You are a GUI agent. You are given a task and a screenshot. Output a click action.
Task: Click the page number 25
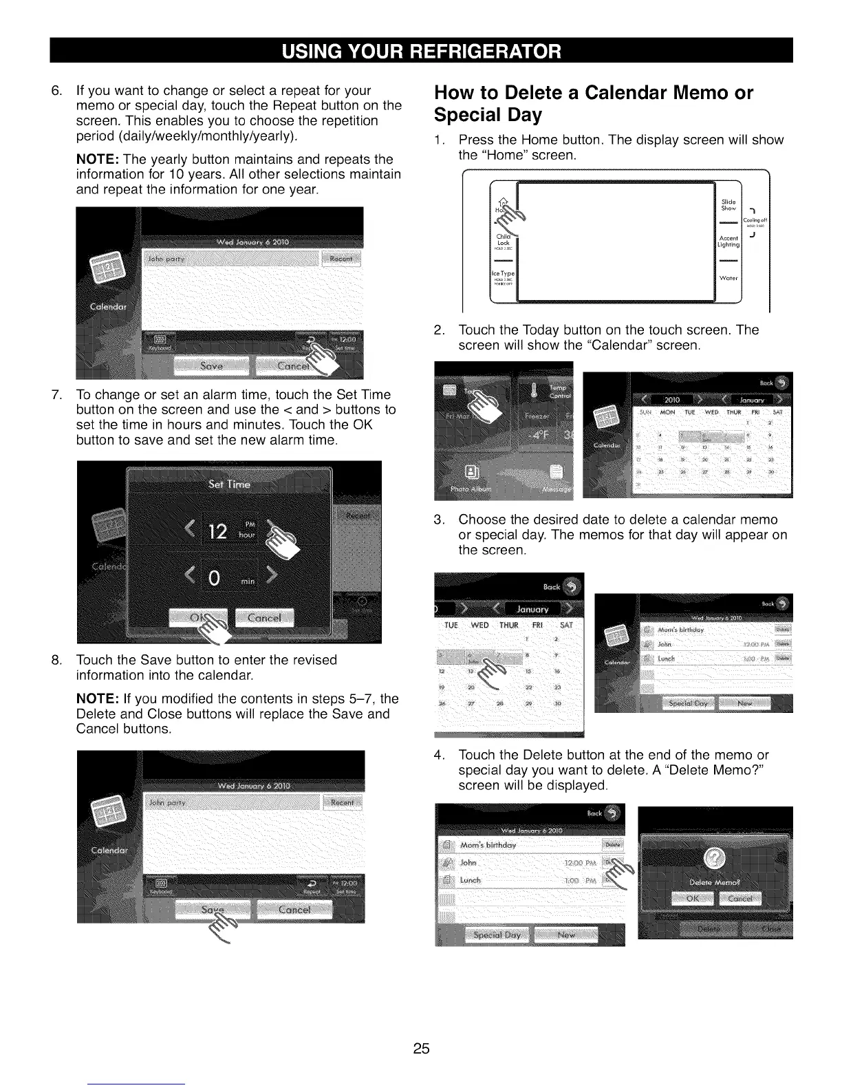click(421, 1049)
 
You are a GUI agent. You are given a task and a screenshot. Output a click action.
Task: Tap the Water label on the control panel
click(728, 279)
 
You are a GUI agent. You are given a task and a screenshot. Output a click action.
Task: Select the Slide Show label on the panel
click(728, 205)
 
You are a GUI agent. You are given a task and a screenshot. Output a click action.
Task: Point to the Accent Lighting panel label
click(728, 242)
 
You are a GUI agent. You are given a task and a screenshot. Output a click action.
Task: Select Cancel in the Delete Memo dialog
click(740, 899)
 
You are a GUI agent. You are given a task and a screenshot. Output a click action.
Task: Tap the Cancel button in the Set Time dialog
click(264, 618)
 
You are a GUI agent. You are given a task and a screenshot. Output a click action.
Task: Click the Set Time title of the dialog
click(229, 484)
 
